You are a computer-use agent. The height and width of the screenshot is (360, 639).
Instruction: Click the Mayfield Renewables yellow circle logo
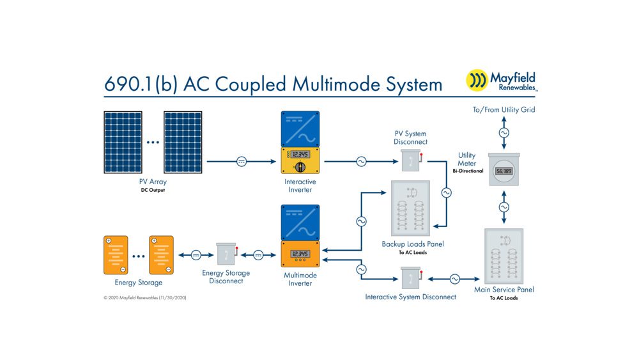click(477, 80)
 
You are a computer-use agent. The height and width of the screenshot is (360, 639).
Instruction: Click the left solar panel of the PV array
click(123, 143)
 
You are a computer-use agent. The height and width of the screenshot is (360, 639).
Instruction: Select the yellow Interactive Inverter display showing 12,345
click(300, 155)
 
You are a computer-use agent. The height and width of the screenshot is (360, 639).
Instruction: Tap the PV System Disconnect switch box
click(411, 160)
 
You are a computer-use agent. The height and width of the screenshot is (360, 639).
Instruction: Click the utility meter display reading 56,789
click(504, 171)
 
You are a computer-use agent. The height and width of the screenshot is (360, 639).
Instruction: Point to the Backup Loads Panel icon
click(410, 208)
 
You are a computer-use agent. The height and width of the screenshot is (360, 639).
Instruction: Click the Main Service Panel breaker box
click(504, 256)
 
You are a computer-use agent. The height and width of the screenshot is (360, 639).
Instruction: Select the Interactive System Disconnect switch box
click(411, 278)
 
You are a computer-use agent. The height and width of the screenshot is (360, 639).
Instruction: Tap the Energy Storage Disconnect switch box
click(227, 254)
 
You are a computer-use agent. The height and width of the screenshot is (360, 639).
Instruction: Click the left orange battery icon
click(116, 254)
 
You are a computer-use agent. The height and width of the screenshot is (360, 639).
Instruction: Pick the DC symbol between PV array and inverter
click(242, 161)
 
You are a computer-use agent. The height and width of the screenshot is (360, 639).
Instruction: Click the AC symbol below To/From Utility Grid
click(504, 133)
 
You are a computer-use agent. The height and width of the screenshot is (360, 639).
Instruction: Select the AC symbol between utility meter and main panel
click(504, 207)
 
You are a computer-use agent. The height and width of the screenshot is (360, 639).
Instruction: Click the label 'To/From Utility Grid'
click(504, 110)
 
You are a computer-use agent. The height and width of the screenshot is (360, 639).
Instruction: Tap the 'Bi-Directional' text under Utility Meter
click(468, 171)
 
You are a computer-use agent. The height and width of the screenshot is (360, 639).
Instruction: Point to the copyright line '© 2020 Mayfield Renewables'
click(144, 297)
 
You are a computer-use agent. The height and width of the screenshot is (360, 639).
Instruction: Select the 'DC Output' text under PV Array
click(153, 190)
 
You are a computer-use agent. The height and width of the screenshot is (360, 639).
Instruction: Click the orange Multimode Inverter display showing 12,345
click(300, 254)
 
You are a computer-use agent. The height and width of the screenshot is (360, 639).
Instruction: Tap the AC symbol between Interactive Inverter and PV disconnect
click(361, 161)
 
